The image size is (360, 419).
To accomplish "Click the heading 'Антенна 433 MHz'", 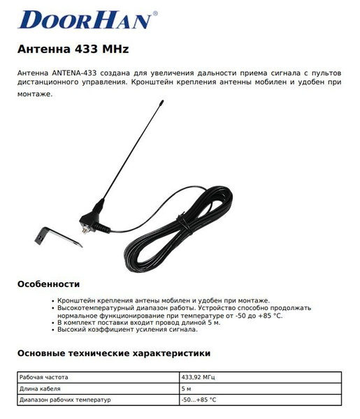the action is (x=72, y=50).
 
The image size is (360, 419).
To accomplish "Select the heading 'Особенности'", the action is (x=48, y=284).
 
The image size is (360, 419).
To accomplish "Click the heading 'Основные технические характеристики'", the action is (x=113, y=353).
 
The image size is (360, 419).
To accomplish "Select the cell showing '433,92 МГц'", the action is (x=198, y=377).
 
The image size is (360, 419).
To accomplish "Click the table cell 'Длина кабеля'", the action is (x=40, y=388).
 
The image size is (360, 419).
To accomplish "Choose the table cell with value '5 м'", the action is (x=186, y=388).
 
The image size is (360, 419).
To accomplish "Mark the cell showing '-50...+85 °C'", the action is (x=199, y=399).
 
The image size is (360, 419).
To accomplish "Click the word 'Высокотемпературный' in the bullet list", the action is (x=94, y=307).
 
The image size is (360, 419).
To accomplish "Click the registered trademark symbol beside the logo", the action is (x=154, y=13).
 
